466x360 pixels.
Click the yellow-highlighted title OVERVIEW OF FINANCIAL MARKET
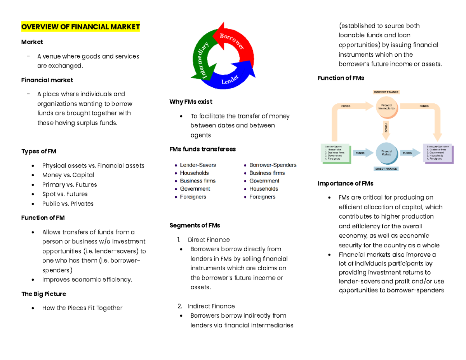coord(80,27)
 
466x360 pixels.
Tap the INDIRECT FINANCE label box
coord(386,92)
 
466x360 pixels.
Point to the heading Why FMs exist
coord(191,102)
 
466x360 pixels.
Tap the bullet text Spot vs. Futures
coord(64,194)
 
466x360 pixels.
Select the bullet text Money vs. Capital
coord(68,175)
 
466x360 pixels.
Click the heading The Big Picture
coord(43,294)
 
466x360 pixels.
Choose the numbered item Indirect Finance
coord(211,306)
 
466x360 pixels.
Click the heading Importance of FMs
coord(345,183)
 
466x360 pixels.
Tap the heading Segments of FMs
coord(195,225)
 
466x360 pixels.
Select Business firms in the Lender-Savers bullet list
coord(198,181)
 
